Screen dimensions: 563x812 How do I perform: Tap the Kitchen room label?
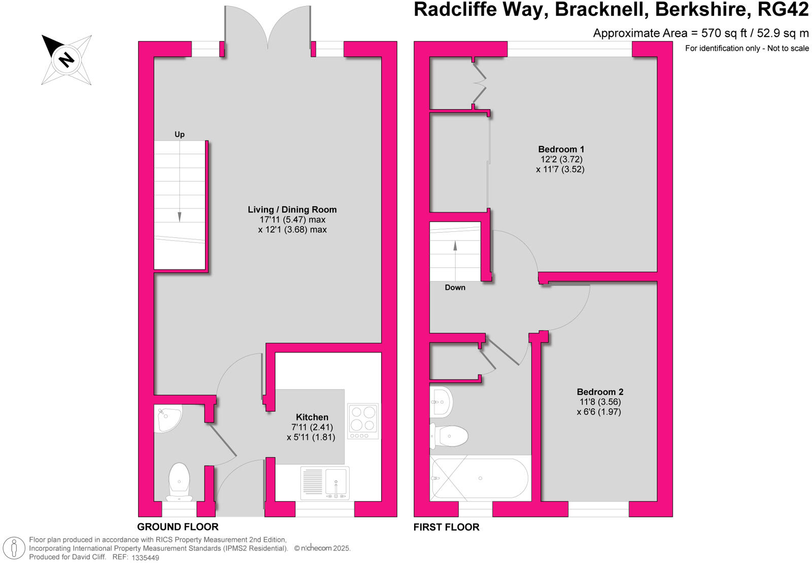tap(312, 417)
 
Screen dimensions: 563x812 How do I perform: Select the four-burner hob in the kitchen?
tap(363, 421)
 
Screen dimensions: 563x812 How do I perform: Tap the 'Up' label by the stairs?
tap(180, 134)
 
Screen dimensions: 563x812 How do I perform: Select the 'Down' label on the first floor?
tap(455, 288)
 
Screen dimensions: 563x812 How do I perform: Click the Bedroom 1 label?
tap(561, 149)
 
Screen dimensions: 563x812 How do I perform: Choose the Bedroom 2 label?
tap(600, 392)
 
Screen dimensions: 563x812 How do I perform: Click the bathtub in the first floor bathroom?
tap(480, 478)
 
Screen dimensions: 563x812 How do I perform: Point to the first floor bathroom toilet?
tap(450, 435)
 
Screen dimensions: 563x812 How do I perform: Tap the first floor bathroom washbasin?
tap(442, 402)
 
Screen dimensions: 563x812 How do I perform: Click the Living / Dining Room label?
tap(292, 209)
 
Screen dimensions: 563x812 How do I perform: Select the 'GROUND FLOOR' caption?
tap(178, 527)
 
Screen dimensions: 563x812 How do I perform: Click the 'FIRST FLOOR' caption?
tap(446, 527)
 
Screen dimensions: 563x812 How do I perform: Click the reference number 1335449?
tap(145, 557)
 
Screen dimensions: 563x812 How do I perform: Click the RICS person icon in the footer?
tap(14, 548)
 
